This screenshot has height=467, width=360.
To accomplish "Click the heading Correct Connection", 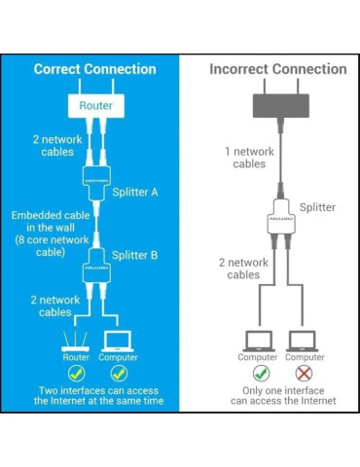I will [x=94, y=69].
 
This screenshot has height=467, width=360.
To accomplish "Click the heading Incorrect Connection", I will [x=278, y=69].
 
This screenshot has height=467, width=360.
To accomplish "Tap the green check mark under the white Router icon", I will [x=76, y=374].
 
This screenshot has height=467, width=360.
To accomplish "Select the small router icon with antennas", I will [x=76, y=341].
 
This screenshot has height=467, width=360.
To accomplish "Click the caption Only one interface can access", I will [x=282, y=395].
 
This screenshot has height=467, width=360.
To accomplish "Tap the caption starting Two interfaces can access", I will [x=96, y=395].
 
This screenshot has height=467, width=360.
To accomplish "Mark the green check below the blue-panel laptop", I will [x=119, y=374].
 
